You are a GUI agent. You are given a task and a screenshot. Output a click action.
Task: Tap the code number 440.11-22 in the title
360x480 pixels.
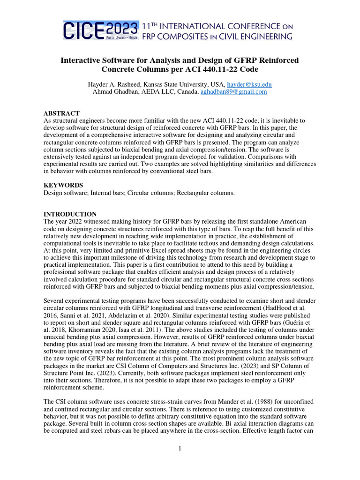(x=213, y=69)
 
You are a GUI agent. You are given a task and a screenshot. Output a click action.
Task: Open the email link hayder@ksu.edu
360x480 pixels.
(x=249, y=84)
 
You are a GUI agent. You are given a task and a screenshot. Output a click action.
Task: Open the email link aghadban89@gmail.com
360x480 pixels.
(x=233, y=92)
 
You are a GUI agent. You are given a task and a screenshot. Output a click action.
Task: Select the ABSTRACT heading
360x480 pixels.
(x=61, y=113)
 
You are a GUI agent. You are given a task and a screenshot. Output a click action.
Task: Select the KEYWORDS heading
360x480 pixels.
(x=63, y=185)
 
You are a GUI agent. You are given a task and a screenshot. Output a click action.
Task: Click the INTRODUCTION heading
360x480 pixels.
(x=70, y=214)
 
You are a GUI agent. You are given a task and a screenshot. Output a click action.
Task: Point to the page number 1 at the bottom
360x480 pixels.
(x=180, y=449)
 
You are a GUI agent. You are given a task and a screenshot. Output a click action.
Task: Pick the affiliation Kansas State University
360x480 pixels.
(x=174, y=84)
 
